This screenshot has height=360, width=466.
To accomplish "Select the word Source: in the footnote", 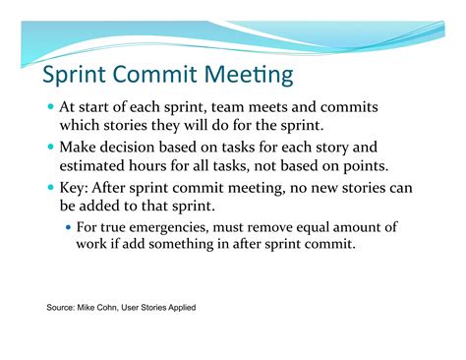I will pyautogui.click(x=63, y=308).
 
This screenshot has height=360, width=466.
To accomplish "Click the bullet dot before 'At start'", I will pyautogui.click(x=50, y=106).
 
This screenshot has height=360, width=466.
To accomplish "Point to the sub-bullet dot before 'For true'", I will pyautogui.click(x=68, y=226).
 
